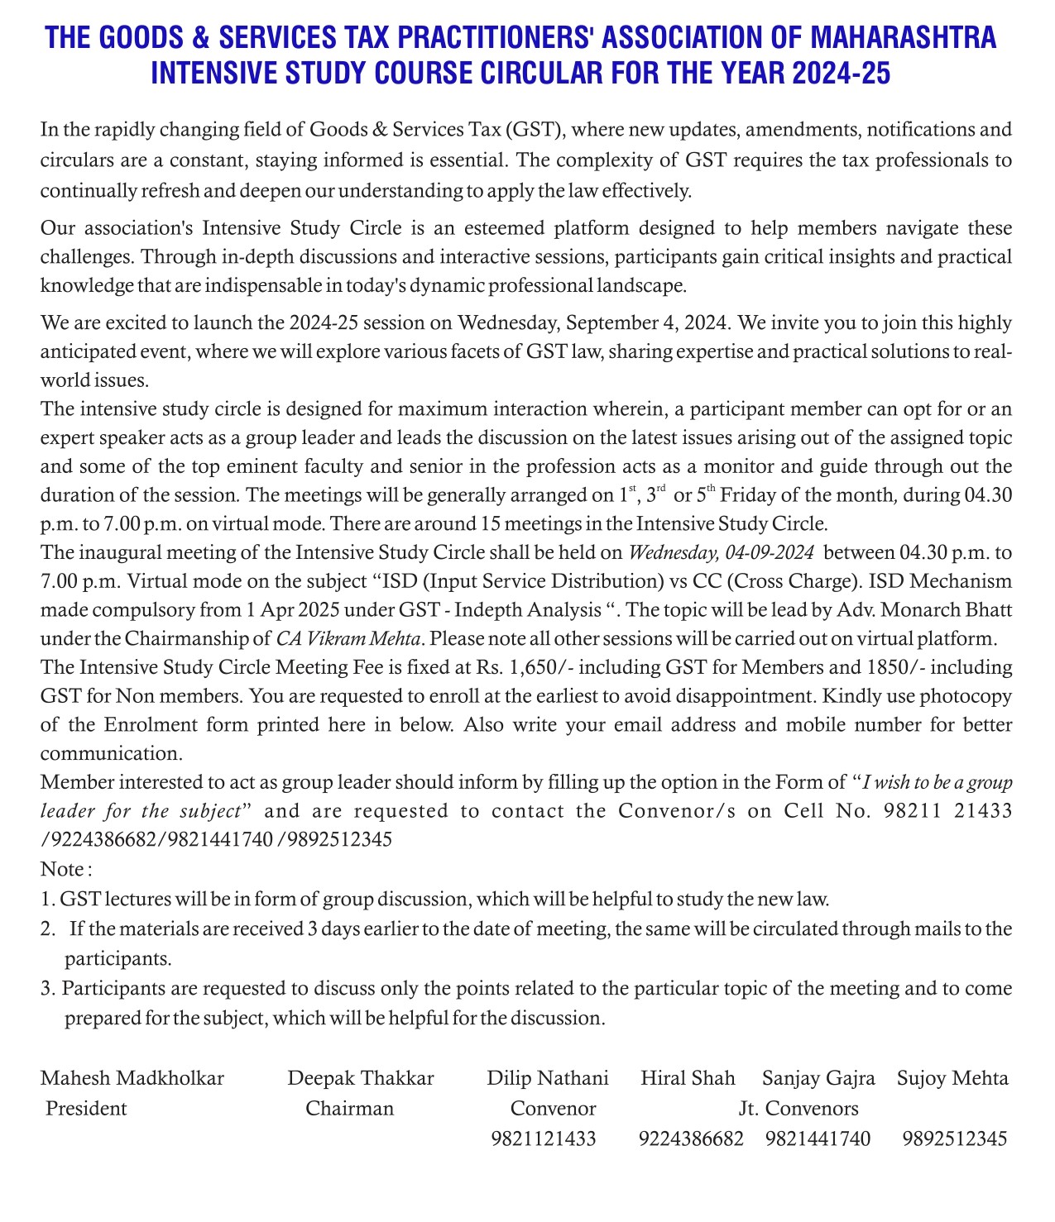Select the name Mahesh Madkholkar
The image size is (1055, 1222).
132,1078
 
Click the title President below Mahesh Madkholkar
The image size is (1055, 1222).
87,1109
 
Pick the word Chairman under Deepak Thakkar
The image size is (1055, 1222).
349,1109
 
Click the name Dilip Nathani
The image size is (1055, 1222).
548,1078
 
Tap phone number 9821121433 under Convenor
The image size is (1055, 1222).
544,1139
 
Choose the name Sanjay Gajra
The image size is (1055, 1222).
818,1078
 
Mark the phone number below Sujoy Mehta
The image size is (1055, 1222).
955,1139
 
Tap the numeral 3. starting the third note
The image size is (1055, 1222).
47,988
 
